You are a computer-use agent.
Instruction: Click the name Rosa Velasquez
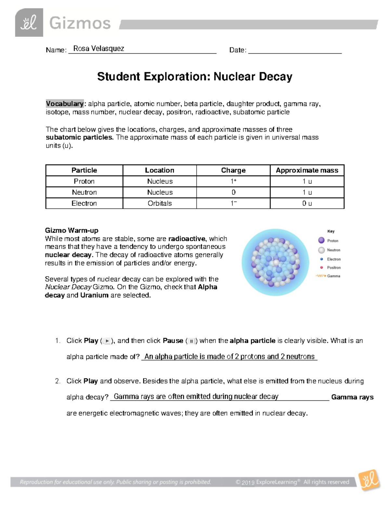point(98,49)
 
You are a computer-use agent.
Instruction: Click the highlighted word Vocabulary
point(65,104)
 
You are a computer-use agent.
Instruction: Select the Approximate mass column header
point(307,170)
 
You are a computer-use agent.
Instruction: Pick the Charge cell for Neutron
point(233,192)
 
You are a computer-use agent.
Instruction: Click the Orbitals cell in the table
point(160,203)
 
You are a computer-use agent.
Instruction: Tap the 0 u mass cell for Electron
point(307,203)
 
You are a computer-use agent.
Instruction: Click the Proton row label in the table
point(84,181)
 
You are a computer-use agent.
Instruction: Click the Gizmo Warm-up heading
point(71,230)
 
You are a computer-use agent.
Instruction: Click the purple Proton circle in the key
point(321,240)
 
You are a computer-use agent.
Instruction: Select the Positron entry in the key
point(333,268)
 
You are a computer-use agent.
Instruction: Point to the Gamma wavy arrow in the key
point(320,276)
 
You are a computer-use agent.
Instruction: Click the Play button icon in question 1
point(107,341)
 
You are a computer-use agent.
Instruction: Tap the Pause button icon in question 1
point(192,341)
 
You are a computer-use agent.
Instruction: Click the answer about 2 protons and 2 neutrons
point(229,357)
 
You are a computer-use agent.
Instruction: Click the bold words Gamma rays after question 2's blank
point(352,397)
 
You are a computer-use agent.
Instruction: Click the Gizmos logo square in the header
point(29,22)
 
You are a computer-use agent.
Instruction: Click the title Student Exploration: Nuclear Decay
point(195,77)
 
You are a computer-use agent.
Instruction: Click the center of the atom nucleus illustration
point(275,262)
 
